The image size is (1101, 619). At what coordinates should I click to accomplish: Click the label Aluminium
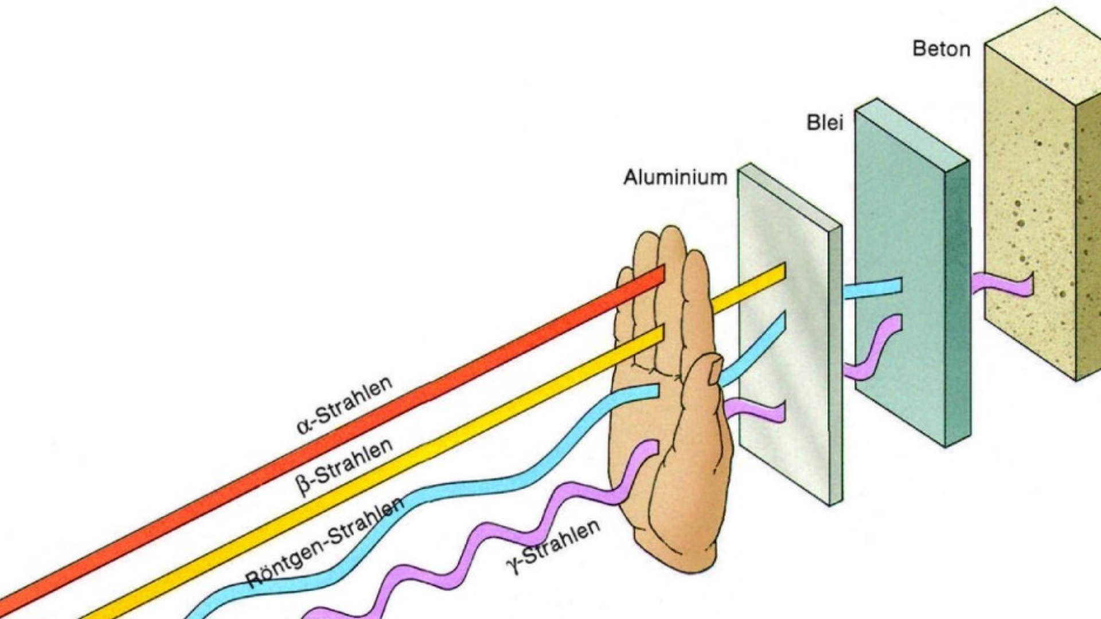[675, 177]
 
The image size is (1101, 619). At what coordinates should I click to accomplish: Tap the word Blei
[825, 123]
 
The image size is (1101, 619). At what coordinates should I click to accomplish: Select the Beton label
[941, 49]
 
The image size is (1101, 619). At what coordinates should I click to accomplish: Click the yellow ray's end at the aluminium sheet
[781, 271]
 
